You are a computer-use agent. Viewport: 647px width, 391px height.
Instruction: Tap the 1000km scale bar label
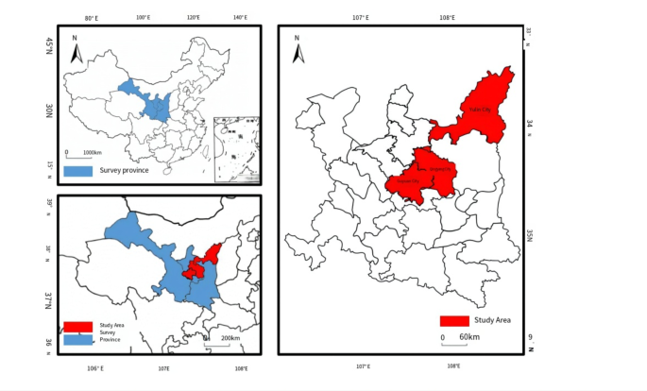click(x=92, y=152)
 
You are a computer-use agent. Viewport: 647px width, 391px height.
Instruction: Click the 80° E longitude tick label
click(x=92, y=18)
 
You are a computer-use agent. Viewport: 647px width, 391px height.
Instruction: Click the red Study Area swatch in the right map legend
click(x=454, y=321)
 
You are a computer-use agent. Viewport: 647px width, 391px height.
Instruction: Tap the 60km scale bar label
click(x=469, y=337)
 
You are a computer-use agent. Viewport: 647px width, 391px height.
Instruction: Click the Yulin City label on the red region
click(x=480, y=110)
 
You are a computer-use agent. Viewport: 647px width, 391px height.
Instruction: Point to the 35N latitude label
click(x=530, y=234)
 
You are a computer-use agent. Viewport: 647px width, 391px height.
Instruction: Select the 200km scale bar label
click(x=230, y=338)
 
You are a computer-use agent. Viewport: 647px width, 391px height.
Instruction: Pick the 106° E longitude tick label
click(x=95, y=368)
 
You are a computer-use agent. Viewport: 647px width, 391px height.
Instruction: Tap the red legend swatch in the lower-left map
click(x=77, y=326)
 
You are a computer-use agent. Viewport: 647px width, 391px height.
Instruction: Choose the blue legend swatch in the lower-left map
click(x=77, y=339)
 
